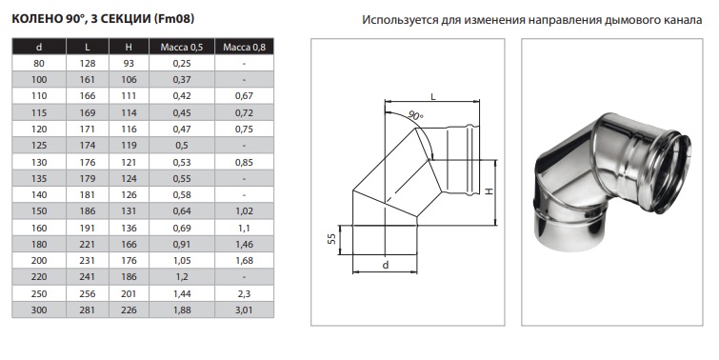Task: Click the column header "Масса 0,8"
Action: [244, 47]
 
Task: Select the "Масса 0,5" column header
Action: [182, 47]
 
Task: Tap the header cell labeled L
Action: [88, 47]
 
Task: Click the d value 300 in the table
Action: [39, 310]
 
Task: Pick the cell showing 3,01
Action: [244, 310]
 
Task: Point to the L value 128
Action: [88, 63]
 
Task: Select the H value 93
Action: [129, 63]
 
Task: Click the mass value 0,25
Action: [182, 63]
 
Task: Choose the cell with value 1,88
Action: [182, 310]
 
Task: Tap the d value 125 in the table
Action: [39, 146]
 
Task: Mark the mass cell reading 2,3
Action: [244, 293]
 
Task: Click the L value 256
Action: [88, 293]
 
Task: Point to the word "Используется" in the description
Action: [400, 20]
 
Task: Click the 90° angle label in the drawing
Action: [415, 115]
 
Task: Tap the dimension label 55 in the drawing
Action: [332, 239]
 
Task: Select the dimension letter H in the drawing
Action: [489, 191]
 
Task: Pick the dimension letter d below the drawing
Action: [386, 265]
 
